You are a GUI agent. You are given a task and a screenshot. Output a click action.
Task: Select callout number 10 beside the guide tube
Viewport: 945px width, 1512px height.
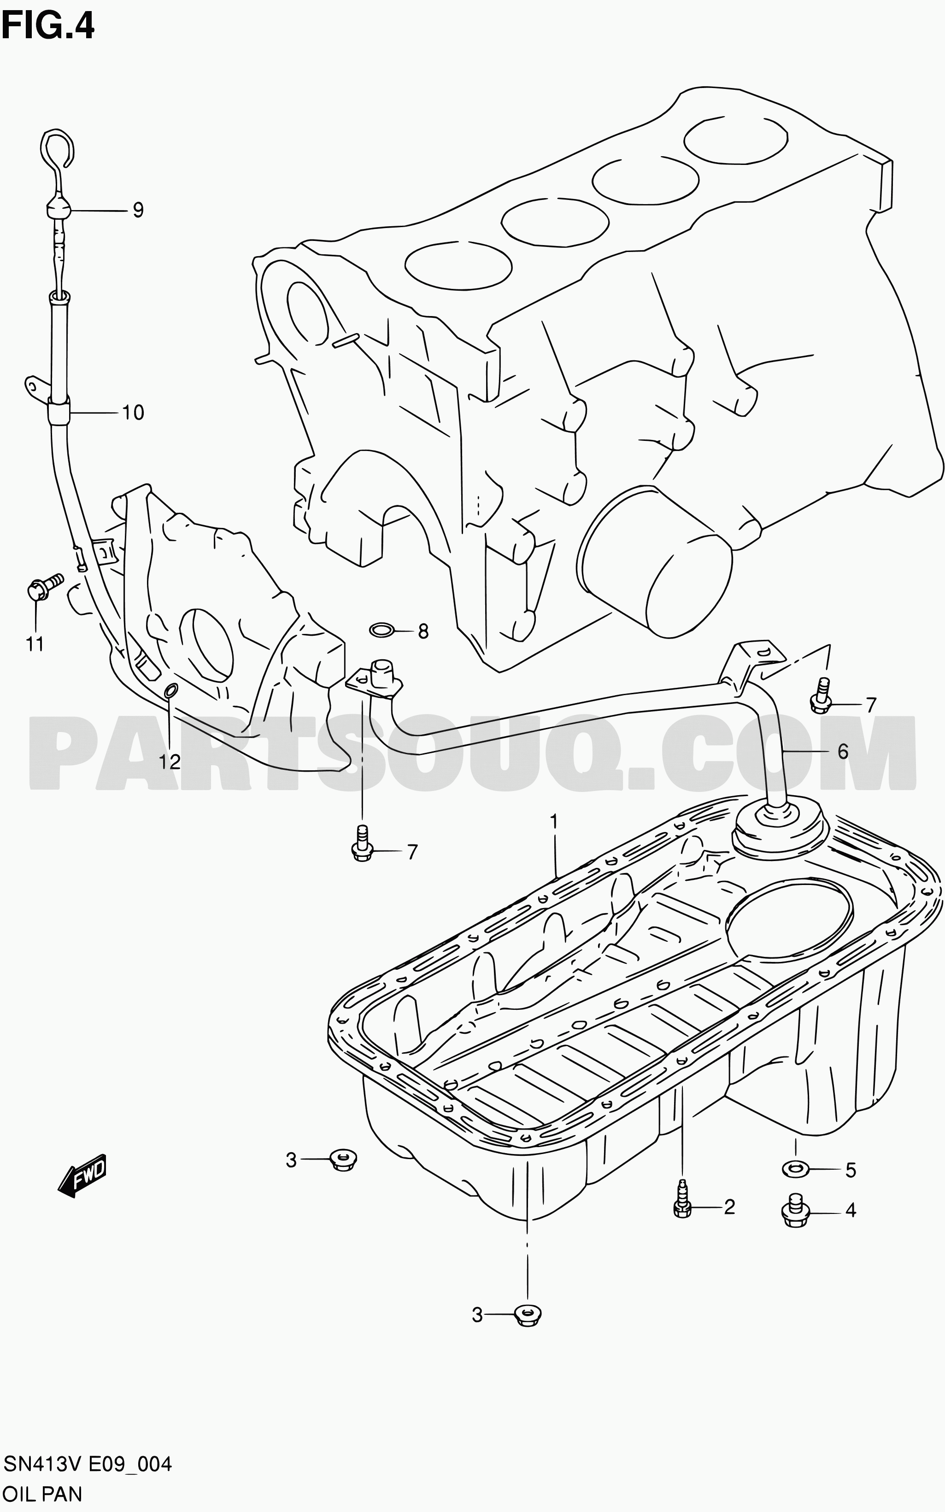133,412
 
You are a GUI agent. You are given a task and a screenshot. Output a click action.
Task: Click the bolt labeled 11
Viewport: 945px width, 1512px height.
44,586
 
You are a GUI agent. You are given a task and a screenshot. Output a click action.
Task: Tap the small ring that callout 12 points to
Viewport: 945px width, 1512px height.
170,690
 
